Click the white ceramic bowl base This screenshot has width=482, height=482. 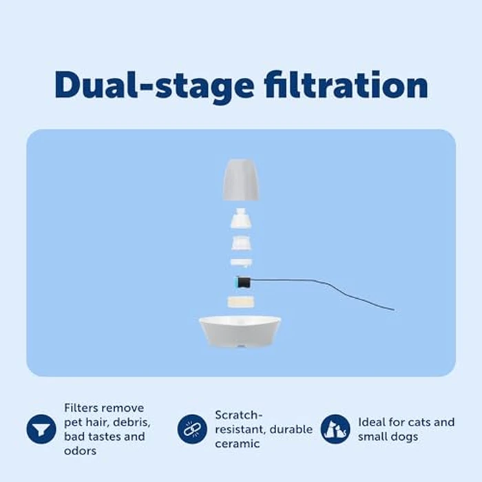coord(240,331)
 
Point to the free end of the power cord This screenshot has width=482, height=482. coord(393,310)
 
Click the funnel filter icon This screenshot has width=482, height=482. coord(41,429)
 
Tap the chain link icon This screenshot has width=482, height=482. coord(192,429)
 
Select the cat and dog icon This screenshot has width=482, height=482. coord(335,428)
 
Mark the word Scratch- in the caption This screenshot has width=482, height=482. coord(238,415)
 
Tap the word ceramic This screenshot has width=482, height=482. coord(237,443)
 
